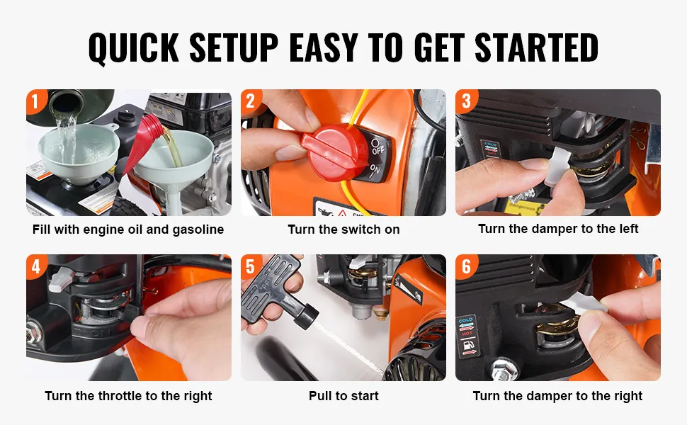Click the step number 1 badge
pos(35,101)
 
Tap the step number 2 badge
pos(250,101)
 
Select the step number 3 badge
pos(465,101)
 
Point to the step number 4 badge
pos(35,266)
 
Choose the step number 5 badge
pos(250,266)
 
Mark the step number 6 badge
pos(466,266)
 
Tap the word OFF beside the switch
pos(377,147)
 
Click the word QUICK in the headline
pos(134,47)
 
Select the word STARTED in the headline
pos(536,47)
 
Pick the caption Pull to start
pos(343,396)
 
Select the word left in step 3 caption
pos(628,228)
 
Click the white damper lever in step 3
pos(558,164)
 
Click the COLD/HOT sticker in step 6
pos(467,336)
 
